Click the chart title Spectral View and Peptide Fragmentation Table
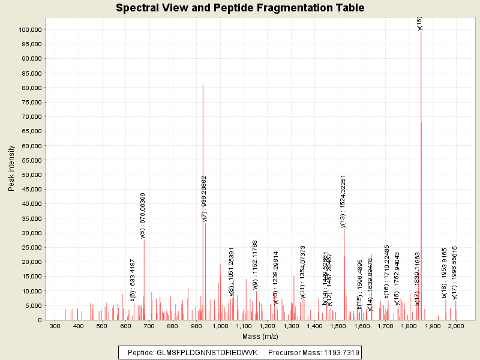(240, 8)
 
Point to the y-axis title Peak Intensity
(11, 171)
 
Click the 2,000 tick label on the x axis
(456, 326)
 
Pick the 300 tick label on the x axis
(55, 326)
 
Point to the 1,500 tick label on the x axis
(338, 326)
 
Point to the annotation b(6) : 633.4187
(133, 279)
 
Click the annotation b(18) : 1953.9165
(445, 272)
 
